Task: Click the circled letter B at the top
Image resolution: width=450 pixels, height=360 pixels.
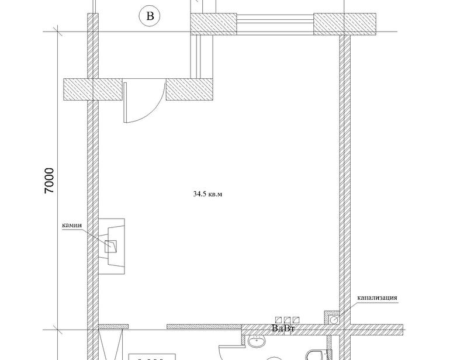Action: (x=150, y=16)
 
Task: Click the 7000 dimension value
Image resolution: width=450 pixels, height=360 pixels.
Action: (x=49, y=181)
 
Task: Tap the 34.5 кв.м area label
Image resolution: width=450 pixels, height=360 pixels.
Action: (x=207, y=194)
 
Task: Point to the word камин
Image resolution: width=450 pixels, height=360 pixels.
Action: (x=72, y=225)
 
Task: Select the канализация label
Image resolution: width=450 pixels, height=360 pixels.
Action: (x=377, y=297)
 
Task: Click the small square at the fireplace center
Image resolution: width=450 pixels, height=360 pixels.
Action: (x=110, y=246)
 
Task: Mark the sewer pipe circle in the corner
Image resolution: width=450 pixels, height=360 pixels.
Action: (x=334, y=319)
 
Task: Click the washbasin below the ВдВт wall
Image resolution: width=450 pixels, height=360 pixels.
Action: (x=257, y=341)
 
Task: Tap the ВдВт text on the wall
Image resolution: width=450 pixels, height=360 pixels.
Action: (x=283, y=328)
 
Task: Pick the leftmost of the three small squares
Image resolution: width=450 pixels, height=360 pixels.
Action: (x=278, y=320)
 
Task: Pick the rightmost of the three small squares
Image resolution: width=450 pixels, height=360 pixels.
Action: (x=296, y=320)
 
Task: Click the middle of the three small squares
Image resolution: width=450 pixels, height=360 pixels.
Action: (x=288, y=320)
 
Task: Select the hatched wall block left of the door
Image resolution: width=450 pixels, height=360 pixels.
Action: (x=93, y=89)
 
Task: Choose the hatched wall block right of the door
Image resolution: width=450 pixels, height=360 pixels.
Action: (x=189, y=89)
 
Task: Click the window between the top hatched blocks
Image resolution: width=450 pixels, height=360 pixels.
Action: (x=275, y=24)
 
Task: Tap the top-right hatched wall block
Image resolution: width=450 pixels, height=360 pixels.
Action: (x=345, y=24)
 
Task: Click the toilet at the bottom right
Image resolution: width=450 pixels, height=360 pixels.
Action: (x=318, y=355)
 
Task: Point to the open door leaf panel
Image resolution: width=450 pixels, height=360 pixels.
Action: (x=125, y=102)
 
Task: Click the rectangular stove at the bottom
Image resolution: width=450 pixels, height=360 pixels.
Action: (x=151, y=357)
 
